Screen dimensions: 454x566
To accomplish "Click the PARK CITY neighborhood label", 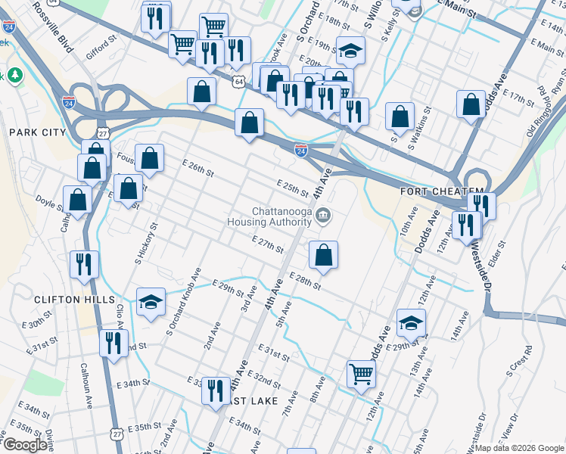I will click(x=38, y=132).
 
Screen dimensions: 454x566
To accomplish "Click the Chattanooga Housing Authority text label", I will click(x=270, y=217).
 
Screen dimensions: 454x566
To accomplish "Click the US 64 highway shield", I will click(x=239, y=80).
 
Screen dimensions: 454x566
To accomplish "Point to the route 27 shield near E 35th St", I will click(x=116, y=433).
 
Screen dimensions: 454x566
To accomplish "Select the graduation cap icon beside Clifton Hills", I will click(x=151, y=302).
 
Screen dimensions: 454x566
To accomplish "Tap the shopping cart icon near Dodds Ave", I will click(x=361, y=373).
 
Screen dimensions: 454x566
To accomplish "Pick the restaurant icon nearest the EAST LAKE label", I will click(x=216, y=390).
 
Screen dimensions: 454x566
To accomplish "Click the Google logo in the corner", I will click(x=25, y=445).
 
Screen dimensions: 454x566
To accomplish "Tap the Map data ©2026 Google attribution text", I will click(x=519, y=448).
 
